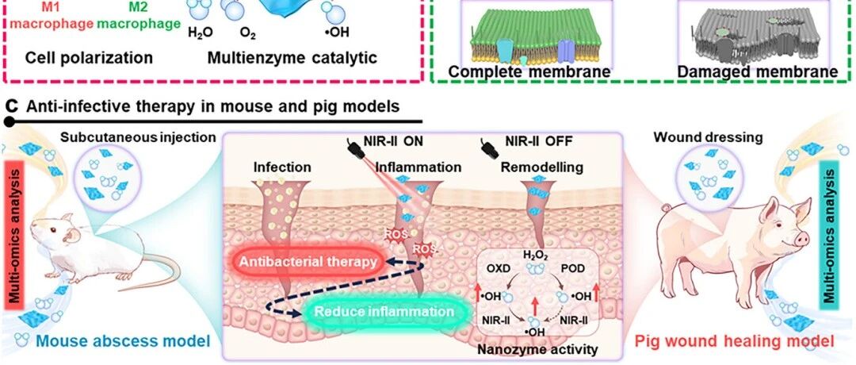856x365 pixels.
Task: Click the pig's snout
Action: click(801, 238)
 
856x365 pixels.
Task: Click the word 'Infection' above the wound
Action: click(282, 167)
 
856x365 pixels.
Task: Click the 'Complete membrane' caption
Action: click(529, 72)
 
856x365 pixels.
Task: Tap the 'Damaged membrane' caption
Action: click(757, 72)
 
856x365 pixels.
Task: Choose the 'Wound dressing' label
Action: click(708, 137)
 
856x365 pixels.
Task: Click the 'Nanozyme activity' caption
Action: click(536, 348)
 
